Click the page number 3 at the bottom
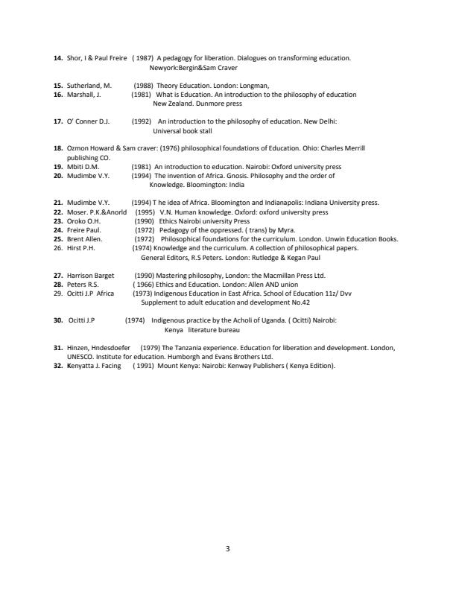227,549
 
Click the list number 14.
58,57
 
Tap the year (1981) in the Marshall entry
142,95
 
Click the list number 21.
58,203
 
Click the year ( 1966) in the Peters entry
145,284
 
